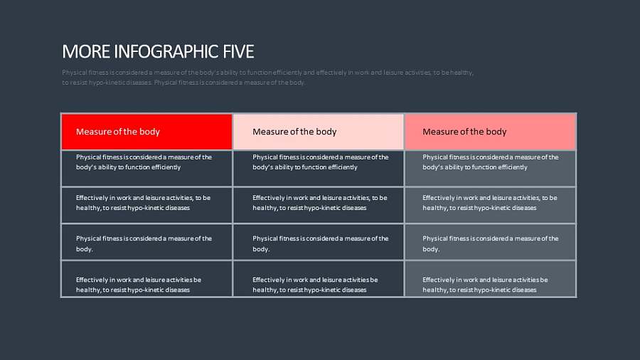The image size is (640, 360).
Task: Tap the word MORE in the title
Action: coord(77,51)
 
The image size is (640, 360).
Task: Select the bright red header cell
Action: coord(146,132)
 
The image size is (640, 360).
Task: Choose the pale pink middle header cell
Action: coord(319,132)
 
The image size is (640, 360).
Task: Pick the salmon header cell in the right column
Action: coord(491,132)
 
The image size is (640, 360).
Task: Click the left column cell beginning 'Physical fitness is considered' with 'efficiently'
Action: coord(146,168)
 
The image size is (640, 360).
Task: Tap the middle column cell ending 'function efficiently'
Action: coord(319,168)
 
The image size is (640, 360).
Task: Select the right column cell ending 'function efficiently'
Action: coord(491,168)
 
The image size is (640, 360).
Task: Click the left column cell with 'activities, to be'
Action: coord(146,205)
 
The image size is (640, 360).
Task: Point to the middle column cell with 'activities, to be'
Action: coord(319,205)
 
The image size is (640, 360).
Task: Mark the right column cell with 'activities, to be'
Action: coord(491,205)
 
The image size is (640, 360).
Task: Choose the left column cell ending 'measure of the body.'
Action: coord(146,243)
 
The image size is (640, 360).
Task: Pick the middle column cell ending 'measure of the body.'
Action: coord(319,243)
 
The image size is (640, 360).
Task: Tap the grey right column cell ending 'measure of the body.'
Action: coord(491,243)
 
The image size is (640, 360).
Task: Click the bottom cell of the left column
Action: coord(146,279)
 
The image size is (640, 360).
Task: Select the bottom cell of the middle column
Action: coord(319,279)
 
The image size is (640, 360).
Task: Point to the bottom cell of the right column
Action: coord(491,279)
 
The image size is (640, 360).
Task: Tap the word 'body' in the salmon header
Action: coord(496,132)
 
